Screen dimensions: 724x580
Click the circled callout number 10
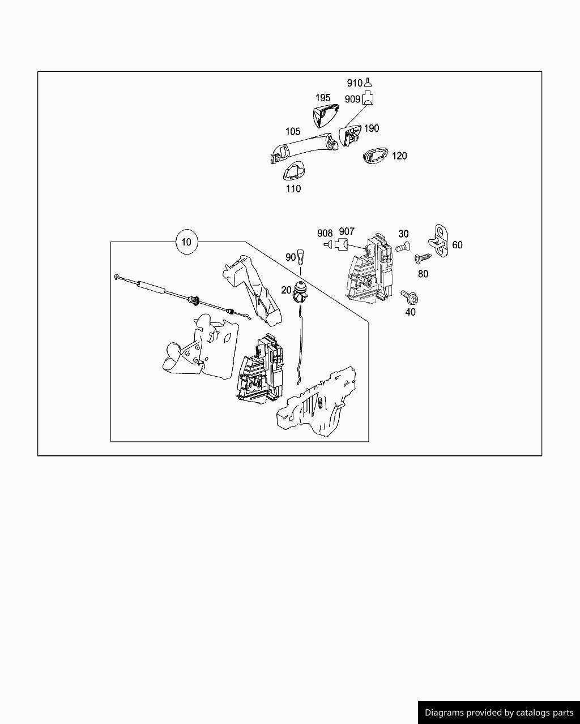[186, 242]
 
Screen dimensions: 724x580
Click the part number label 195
[323, 98]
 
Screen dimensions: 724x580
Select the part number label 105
[293, 132]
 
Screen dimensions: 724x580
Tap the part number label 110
[293, 189]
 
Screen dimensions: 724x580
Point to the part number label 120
[399, 156]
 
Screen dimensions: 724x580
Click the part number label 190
[371, 128]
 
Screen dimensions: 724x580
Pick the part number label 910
[354, 83]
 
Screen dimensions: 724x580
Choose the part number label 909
[352, 99]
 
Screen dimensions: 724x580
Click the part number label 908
[325, 233]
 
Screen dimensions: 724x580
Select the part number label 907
[347, 231]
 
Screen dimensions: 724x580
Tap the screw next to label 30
[403, 247]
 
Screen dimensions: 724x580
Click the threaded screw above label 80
[423, 258]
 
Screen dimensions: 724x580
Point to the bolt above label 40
[408, 296]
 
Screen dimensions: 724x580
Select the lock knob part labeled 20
[300, 291]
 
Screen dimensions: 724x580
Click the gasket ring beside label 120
[374, 156]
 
